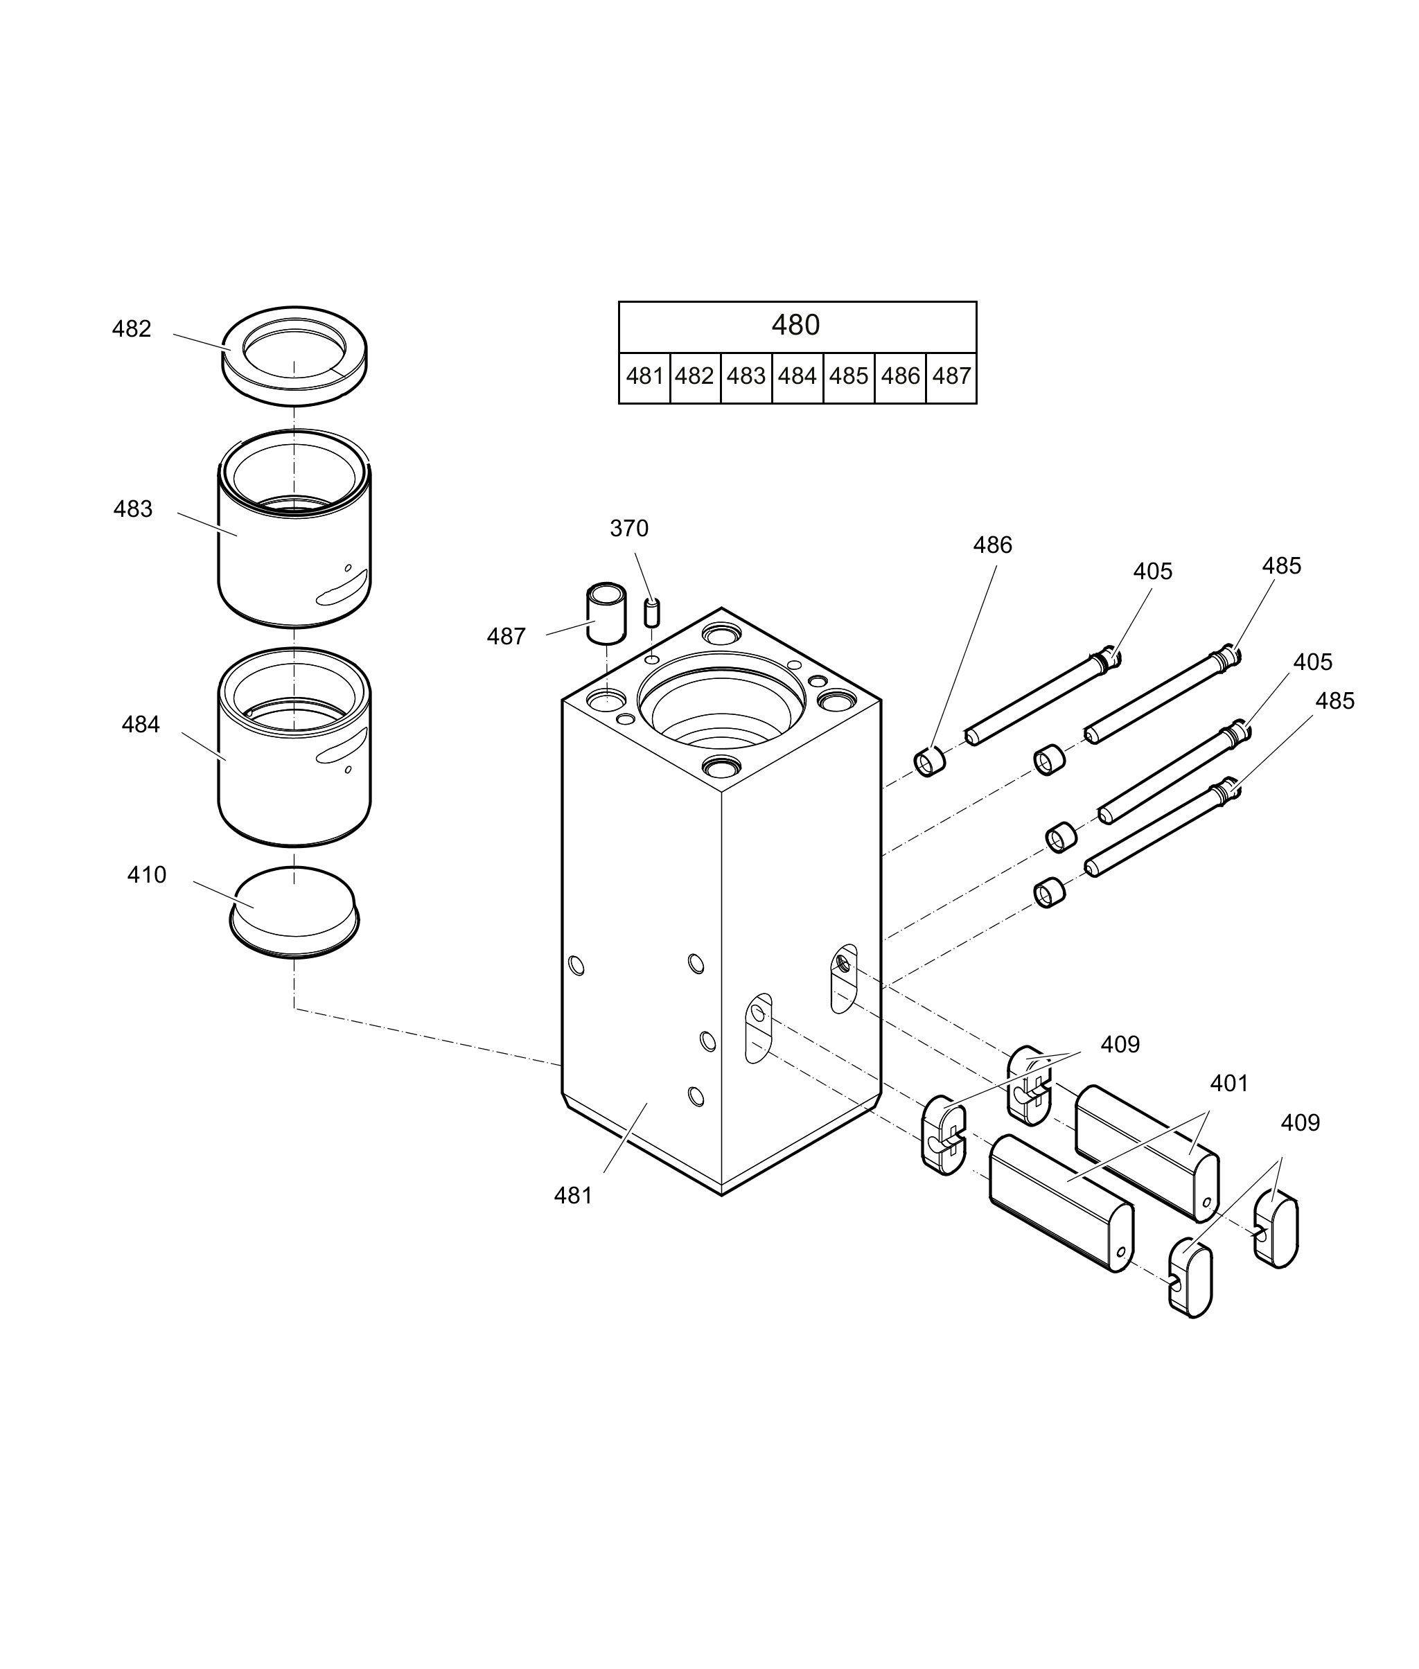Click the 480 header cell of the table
pyautogui.click(x=797, y=326)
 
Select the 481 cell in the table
pyautogui.click(x=644, y=376)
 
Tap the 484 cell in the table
pyautogui.click(x=797, y=376)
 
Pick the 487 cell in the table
pyautogui.click(x=951, y=376)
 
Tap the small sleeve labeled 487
pyautogui.click(x=606, y=613)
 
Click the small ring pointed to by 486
pyautogui.click(x=929, y=761)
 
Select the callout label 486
pyautogui.click(x=992, y=545)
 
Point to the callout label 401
pyautogui.click(x=1229, y=1084)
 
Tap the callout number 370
pyautogui.click(x=629, y=529)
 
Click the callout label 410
pyautogui.click(x=146, y=875)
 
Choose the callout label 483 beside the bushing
pyautogui.click(x=133, y=509)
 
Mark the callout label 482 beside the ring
pyautogui.click(x=131, y=329)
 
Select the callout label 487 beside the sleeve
pyautogui.click(x=506, y=637)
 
